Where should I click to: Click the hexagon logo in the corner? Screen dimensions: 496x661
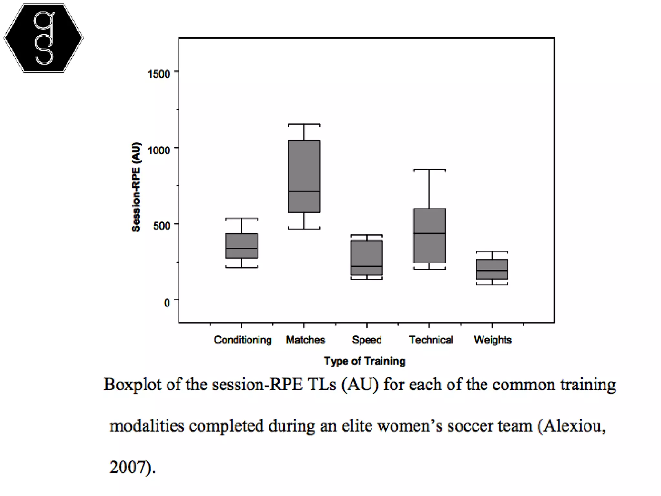point(44,38)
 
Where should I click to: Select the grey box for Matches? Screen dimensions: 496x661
point(304,168)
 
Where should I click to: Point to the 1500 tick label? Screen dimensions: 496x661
point(159,74)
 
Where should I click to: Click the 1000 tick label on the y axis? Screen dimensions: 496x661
point(159,150)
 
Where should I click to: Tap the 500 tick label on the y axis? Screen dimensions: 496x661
point(161,226)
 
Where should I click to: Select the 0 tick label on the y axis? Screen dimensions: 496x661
point(167,303)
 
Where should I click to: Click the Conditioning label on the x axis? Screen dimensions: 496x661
point(243,340)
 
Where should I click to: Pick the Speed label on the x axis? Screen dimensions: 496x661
point(367,340)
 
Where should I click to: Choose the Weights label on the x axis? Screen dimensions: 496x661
point(493,340)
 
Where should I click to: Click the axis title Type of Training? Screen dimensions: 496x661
point(365,361)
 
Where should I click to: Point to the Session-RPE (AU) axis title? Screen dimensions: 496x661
point(136,187)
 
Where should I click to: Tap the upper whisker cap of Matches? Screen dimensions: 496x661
point(304,124)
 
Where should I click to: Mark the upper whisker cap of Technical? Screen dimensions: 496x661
point(430,170)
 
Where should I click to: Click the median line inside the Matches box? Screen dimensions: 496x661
point(304,191)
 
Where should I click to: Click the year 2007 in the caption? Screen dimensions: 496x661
point(129,467)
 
